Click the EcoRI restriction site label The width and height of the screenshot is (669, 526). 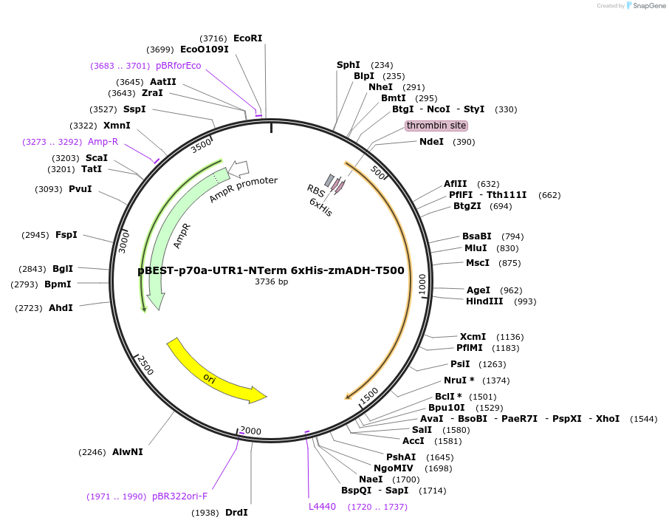tap(247, 38)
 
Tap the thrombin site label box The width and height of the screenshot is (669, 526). tap(436, 126)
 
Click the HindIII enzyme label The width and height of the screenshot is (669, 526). tap(484, 301)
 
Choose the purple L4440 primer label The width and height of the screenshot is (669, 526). tap(322, 506)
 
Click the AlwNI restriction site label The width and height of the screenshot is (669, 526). tap(128, 451)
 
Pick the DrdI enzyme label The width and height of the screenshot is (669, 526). tap(236, 512)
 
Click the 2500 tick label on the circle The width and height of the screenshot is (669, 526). tap(145, 365)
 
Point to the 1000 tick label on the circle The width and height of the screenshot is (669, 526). tap(422, 284)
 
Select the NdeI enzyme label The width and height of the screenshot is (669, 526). tap(431, 142)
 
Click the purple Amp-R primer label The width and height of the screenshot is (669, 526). tap(103, 141)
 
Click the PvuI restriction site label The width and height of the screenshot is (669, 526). tap(80, 189)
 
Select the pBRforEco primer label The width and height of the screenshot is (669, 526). tap(178, 65)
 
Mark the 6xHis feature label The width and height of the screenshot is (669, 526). tap(320, 207)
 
